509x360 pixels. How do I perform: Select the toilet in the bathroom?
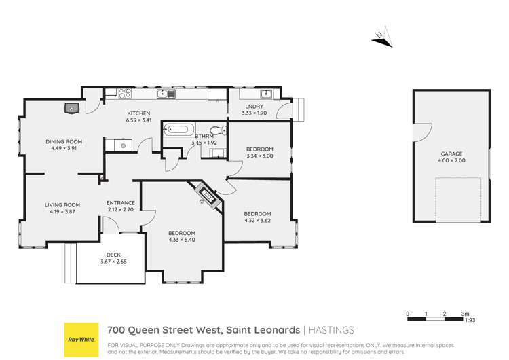[216, 130]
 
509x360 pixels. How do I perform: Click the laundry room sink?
[267, 94]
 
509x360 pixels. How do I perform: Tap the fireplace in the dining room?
[72, 107]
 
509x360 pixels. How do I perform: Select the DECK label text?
[109, 255]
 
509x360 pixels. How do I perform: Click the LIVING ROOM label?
[62, 205]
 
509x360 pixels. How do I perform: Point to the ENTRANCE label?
[121, 203]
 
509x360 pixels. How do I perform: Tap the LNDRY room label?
[254, 107]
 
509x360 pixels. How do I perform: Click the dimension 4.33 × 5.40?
[182, 239]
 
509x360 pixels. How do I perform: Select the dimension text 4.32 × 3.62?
[257, 221]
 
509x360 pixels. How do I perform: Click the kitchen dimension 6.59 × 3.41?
[138, 120]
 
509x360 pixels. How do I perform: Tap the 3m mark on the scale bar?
[466, 314]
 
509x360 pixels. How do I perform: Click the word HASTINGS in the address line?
[332, 330]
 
